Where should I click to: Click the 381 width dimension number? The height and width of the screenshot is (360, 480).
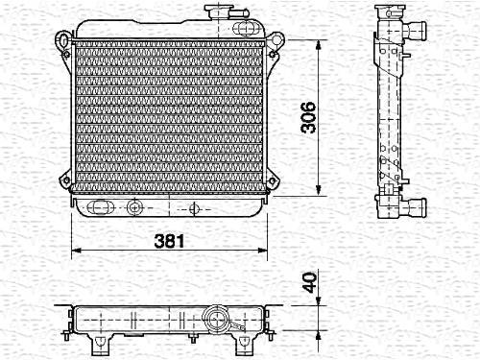169,241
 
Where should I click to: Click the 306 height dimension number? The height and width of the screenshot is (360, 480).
308,117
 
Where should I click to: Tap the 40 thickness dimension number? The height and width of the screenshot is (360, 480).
310,282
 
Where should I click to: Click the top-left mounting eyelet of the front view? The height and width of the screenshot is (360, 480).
62,40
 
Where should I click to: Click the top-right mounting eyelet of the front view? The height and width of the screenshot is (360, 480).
276,40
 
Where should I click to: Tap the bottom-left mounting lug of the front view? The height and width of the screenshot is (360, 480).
65,180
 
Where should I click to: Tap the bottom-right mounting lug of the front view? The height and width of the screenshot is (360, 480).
273,181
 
